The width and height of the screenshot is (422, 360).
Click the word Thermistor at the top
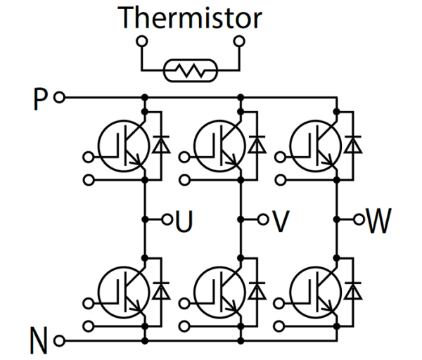pos(190,18)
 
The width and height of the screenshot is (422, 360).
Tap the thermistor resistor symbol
pos(189,70)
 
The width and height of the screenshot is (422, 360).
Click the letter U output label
pos(184,221)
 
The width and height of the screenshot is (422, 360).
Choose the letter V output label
pos(281,221)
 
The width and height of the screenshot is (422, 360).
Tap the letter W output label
pos(381,221)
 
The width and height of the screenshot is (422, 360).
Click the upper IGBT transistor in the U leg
pos(122,144)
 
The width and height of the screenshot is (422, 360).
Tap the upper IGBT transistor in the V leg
pos(219,144)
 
